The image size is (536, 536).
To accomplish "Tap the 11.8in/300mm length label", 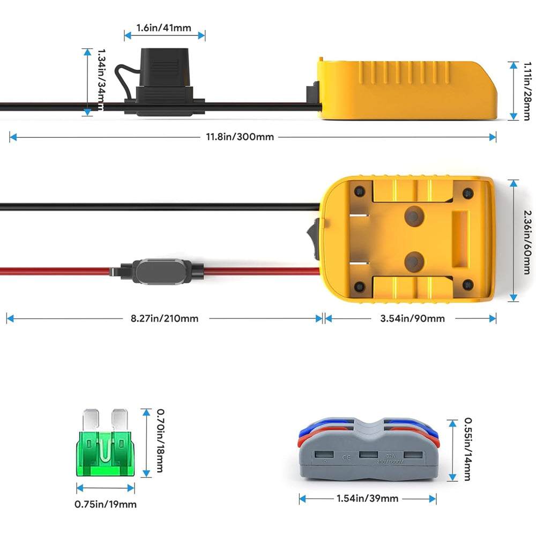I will click(x=240, y=137).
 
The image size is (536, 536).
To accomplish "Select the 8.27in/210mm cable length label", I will click(x=165, y=318).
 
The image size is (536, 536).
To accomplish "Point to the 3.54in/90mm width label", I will click(x=412, y=318).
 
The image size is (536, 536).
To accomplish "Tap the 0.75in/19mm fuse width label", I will click(x=106, y=504).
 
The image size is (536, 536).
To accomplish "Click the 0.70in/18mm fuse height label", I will click(x=160, y=441).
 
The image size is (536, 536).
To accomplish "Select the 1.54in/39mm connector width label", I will click(x=367, y=498).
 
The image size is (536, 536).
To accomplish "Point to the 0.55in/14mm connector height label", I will click(x=467, y=449).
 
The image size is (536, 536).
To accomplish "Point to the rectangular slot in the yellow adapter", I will click(x=460, y=239).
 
